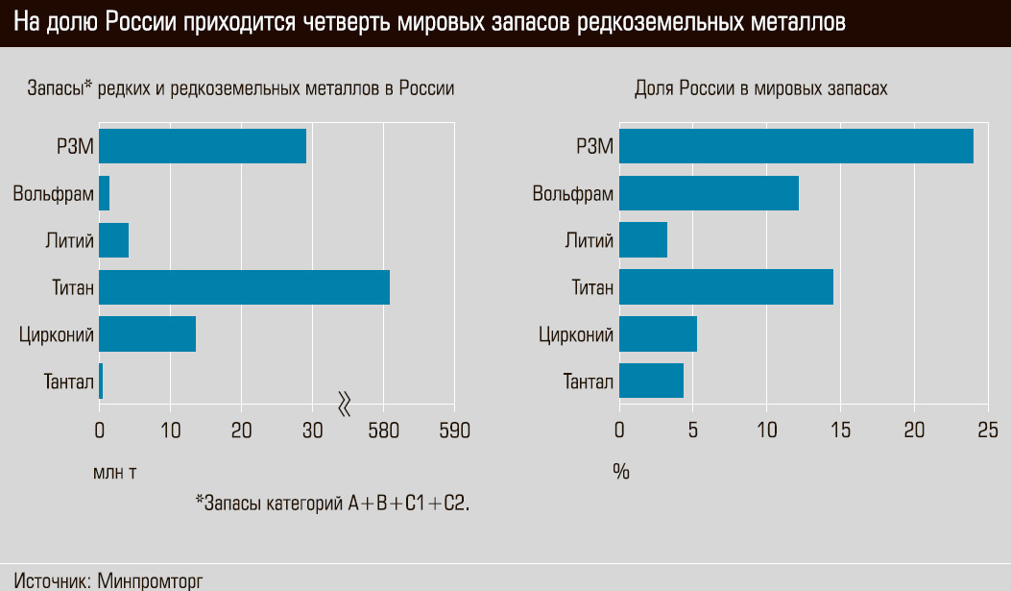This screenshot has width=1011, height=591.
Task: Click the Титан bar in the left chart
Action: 244,287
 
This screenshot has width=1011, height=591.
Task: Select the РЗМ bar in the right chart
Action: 796,146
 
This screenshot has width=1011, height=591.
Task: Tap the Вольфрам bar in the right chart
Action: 709,193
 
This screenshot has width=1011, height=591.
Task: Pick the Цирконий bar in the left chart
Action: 147,333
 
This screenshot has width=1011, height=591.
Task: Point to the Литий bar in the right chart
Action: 643,239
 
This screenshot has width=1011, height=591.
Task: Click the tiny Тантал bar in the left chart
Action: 101,381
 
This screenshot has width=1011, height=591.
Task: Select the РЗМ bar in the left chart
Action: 203,146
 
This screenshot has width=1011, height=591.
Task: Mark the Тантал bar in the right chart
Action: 651,381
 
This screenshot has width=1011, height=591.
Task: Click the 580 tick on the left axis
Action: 384,431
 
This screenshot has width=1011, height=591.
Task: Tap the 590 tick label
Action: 454,431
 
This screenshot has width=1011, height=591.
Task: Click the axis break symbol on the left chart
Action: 346,405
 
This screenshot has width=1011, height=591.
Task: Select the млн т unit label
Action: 116,472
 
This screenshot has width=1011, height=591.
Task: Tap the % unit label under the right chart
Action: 621,472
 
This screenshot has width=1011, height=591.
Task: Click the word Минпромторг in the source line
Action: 151,580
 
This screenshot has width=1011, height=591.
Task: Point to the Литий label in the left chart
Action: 69,240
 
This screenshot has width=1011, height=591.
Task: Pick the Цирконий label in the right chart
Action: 576,334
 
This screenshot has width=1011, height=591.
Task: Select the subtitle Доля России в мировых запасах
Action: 761,88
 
